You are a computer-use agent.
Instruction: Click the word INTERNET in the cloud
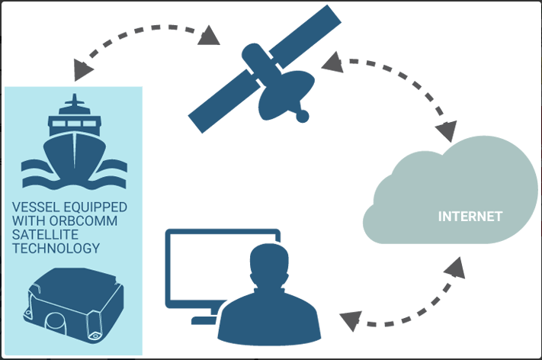click(x=470, y=217)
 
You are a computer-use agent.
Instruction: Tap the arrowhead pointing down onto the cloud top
click(x=451, y=130)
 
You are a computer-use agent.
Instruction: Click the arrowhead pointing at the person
click(x=349, y=321)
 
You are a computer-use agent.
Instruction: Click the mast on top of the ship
click(x=73, y=102)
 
